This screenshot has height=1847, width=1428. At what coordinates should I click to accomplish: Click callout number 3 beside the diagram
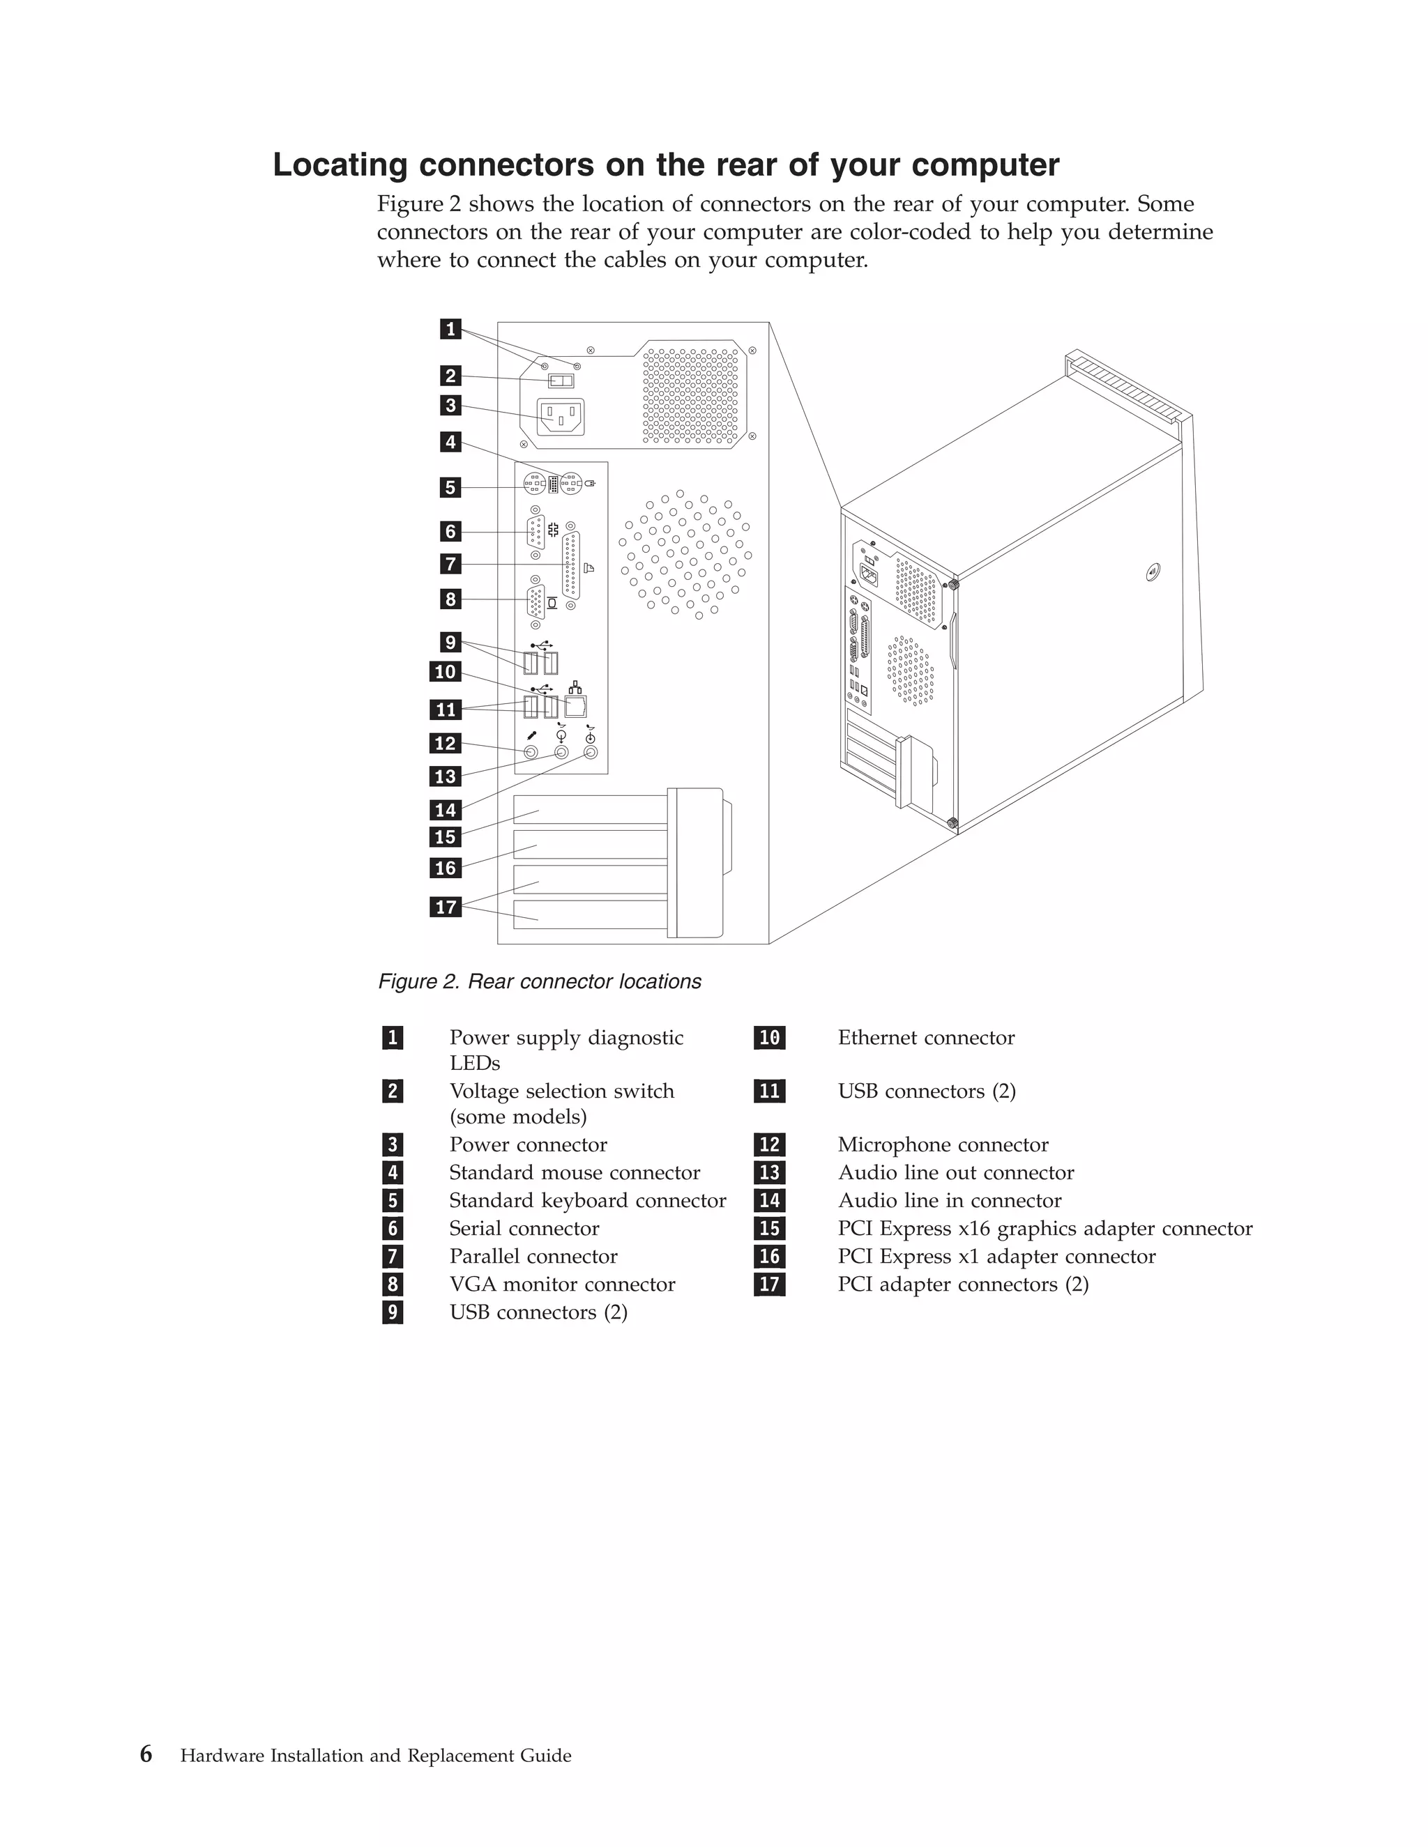(x=450, y=405)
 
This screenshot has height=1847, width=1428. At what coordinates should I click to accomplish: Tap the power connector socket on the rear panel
(x=561, y=416)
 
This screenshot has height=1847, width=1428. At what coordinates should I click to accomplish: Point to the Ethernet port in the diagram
(x=575, y=706)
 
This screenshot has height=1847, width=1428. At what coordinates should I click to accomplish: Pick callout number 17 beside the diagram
(x=445, y=907)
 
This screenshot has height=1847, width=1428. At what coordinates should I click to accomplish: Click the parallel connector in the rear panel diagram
(x=572, y=565)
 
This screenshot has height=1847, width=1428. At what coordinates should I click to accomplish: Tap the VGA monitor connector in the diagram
(x=535, y=600)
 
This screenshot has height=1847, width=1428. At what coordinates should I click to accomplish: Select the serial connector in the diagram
(x=535, y=532)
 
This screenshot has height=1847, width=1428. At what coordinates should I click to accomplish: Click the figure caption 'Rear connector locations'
(x=584, y=982)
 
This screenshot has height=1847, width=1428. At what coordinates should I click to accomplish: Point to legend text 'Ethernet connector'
(x=925, y=1038)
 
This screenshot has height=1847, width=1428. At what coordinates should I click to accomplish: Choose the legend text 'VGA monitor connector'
(x=562, y=1285)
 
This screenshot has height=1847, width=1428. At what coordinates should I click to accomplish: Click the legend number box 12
(x=769, y=1145)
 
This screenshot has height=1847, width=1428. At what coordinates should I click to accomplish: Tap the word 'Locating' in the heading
(x=340, y=165)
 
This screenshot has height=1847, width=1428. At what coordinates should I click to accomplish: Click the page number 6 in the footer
(x=146, y=1755)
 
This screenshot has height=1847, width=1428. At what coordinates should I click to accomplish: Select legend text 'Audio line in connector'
(x=949, y=1201)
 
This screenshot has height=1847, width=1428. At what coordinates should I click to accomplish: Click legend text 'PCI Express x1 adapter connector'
(x=996, y=1257)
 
